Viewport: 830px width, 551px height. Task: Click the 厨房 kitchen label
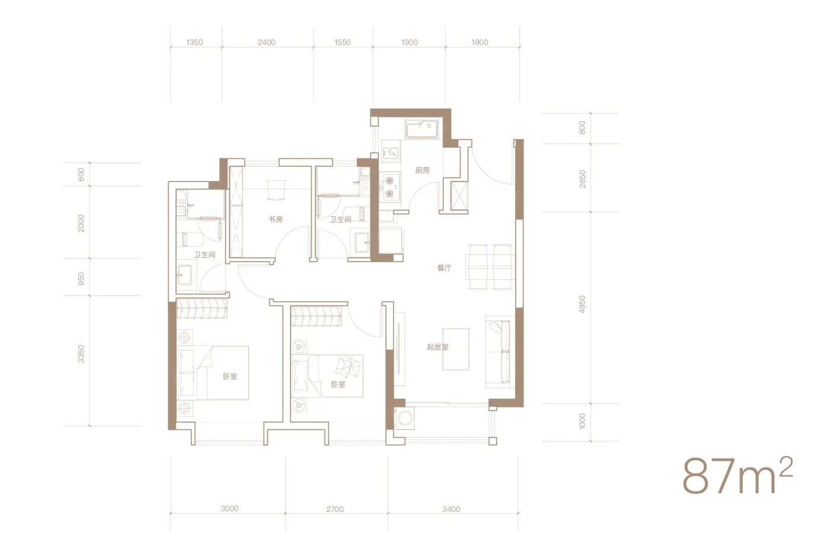point(422,171)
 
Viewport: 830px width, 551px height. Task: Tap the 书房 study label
point(275,219)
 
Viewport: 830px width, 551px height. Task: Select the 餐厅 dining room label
point(444,267)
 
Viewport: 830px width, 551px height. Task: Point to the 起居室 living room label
point(438,347)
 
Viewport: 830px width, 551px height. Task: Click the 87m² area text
point(738,476)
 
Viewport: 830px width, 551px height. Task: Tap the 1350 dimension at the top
point(194,42)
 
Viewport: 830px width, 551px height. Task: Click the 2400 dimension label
point(267,42)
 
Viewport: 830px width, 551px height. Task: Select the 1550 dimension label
point(343,42)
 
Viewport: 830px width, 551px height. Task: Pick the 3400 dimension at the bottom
point(451,509)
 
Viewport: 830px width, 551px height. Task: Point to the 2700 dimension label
point(335,509)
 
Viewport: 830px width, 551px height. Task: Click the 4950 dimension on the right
point(582,304)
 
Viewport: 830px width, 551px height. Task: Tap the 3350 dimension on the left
point(81,354)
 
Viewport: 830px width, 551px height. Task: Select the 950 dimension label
point(81,279)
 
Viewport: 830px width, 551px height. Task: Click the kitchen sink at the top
point(422,129)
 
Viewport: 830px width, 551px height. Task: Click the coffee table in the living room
point(456,349)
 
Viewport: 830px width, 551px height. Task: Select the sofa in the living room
point(499,352)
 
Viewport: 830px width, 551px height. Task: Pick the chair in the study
point(276,190)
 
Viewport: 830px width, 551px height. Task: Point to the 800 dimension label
point(582,128)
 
